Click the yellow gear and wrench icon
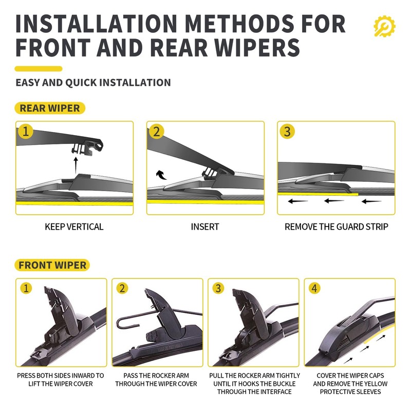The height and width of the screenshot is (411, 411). coord(384,26)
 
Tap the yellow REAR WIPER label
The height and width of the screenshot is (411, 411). coord(50,108)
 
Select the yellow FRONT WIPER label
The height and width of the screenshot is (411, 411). coord(52,265)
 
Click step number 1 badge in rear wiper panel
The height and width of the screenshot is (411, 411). coord(25,131)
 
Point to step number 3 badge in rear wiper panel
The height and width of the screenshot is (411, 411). coord(287,131)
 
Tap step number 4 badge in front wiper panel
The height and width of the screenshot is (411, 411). coord(314,288)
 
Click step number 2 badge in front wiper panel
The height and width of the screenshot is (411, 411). coord(122,288)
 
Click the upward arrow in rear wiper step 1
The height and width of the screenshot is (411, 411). coord(76,165)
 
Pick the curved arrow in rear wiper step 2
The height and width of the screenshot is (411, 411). coord(161,175)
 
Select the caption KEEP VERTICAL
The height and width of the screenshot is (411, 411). coord(74,227)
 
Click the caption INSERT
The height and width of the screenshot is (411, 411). coord(205,227)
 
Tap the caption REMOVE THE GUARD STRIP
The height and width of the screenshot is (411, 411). coord(337,227)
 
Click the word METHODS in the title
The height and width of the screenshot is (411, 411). coord(239,24)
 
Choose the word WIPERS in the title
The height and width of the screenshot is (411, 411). coord(257,47)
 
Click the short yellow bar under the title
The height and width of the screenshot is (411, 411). coord(39,69)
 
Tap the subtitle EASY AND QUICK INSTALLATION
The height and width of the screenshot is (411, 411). coord(94,83)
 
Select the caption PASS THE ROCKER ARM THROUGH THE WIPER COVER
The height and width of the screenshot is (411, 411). coord(156,380)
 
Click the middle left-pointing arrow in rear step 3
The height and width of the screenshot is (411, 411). coord(334,201)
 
